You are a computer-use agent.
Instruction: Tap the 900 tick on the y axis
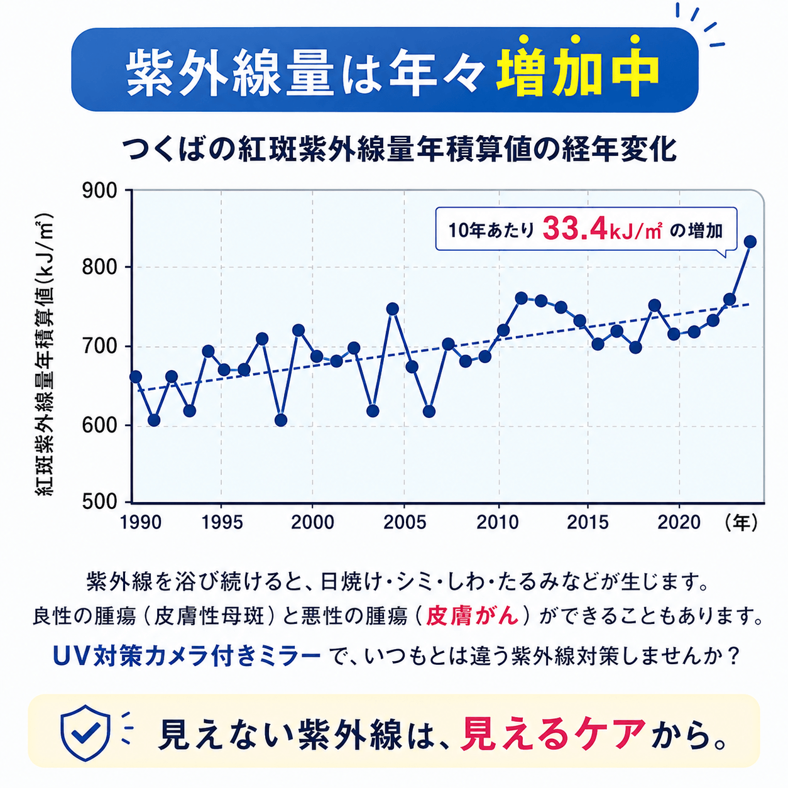tap(99, 191)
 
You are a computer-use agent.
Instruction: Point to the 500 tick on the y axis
tap(99, 501)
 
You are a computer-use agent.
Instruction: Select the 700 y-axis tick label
tap(99, 347)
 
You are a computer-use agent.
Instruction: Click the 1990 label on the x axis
tap(141, 523)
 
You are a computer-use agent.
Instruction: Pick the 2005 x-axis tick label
tap(405, 523)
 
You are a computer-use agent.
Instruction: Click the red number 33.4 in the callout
tap(574, 229)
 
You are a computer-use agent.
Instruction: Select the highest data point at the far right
tap(750, 242)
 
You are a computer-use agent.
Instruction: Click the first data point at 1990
tap(135, 376)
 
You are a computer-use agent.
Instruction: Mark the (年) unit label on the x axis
tap(741, 523)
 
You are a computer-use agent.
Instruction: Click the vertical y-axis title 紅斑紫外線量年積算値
tap(45, 354)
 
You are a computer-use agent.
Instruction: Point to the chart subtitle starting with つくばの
tap(399, 150)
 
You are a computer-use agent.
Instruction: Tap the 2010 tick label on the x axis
tap(497, 523)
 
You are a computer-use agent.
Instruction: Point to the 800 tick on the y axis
tap(99, 268)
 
